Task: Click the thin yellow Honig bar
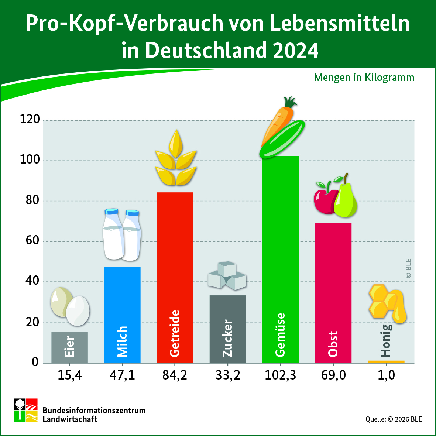pyautogui.click(x=386, y=361)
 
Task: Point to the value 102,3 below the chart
pyautogui.click(x=280, y=375)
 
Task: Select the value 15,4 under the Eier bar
pyautogui.click(x=69, y=375)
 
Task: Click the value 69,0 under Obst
pyautogui.click(x=333, y=375)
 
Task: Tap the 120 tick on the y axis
pyautogui.click(x=30, y=119)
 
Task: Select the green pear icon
pyautogui.click(x=346, y=201)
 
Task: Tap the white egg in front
pyautogui.click(x=78, y=311)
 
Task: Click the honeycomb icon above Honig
pyautogui.click(x=382, y=301)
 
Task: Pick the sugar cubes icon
pyautogui.click(x=227, y=276)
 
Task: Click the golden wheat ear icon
pyautogui.click(x=176, y=161)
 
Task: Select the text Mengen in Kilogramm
pyautogui.click(x=364, y=78)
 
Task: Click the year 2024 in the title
pyautogui.click(x=295, y=51)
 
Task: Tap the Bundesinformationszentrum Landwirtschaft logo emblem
pyautogui.click(x=26, y=410)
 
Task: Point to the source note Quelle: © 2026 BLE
pyautogui.click(x=394, y=419)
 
